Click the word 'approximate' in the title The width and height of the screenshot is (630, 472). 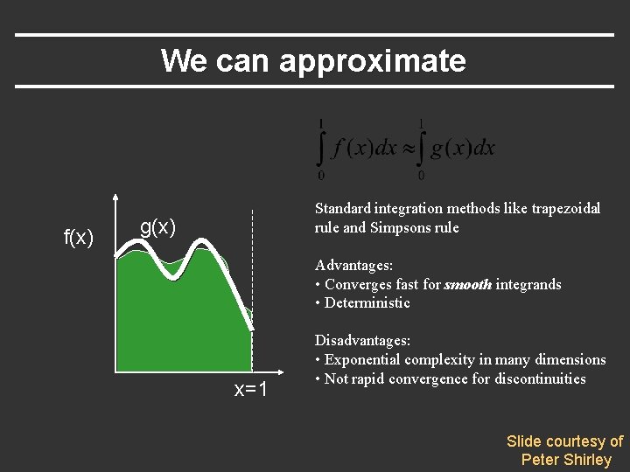373,61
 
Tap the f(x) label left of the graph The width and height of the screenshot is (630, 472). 79,237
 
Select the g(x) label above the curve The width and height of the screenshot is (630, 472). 158,228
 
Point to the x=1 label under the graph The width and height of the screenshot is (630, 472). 250,389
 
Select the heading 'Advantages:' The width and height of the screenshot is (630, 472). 353,265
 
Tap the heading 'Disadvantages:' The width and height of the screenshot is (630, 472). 362,340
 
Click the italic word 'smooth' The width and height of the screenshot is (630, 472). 468,284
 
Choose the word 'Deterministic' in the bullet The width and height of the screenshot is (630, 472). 367,303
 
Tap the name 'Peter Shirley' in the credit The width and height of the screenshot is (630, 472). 566,460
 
